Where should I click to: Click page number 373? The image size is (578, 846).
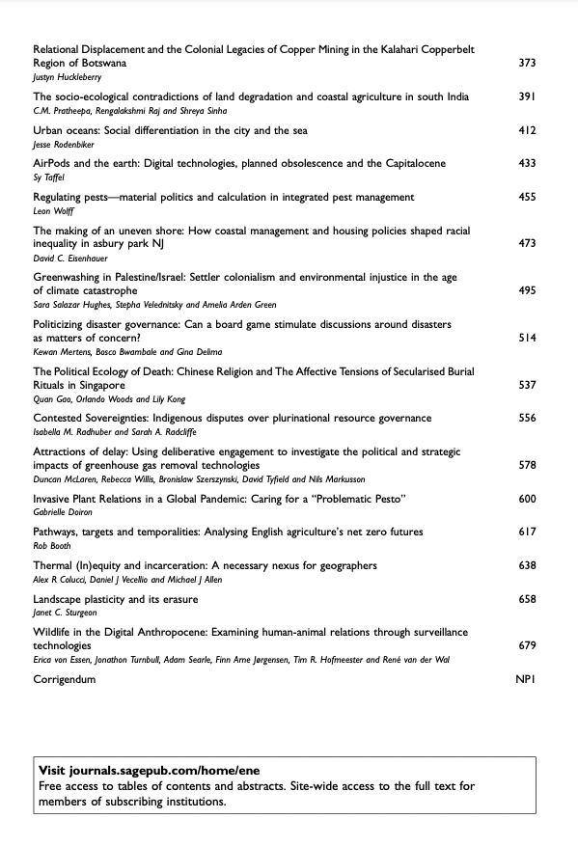point(527,63)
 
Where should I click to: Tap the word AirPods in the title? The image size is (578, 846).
point(53,164)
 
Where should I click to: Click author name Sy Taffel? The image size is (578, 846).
point(49,177)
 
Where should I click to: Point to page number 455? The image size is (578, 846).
point(527,197)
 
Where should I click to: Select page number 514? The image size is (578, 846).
point(527,339)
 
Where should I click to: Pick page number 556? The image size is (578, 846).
point(527,419)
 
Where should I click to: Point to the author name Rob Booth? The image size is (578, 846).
point(51,545)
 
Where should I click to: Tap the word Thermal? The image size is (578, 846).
point(55,565)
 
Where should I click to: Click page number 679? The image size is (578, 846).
point(527,645)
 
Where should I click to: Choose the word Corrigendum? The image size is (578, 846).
point(65,679)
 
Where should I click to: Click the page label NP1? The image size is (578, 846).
point(526,679)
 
